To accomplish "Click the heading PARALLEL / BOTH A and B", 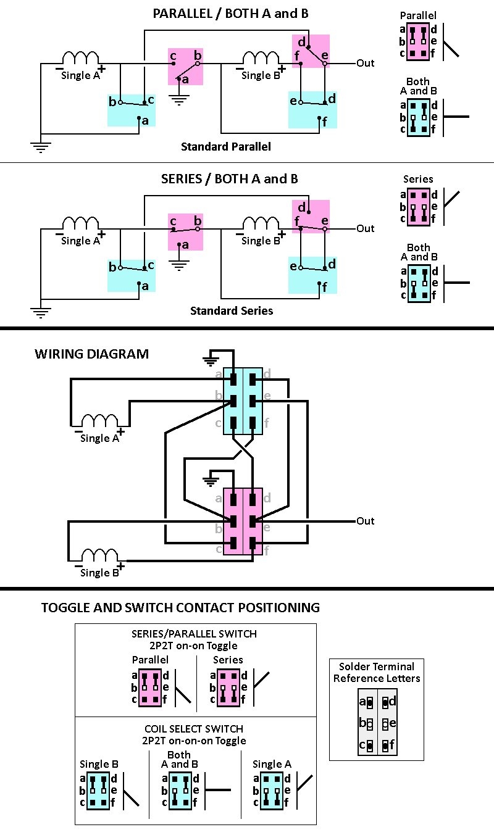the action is (230, 14).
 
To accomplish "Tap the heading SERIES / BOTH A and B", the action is (230, 179).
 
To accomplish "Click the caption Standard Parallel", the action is (226, 146).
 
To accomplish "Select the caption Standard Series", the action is (232, 310).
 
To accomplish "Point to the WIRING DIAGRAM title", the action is (92, 354).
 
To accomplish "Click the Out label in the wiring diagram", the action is (366, 521).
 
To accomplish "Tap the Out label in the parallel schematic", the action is (366, 63).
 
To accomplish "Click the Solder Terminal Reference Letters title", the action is (377, 672).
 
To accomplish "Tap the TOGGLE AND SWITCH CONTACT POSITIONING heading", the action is (180, 608).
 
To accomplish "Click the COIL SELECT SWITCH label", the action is (194, 729).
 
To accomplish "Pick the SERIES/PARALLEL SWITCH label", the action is (194, 634).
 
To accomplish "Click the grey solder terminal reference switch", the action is (377, 722).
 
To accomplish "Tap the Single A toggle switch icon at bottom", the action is (271, 791).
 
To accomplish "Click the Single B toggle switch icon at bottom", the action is (98, 791).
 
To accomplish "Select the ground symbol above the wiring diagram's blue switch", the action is (211, 360).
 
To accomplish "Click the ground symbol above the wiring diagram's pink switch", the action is (211, 481).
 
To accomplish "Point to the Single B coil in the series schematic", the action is (261, 223).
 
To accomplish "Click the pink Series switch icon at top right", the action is (418, 207).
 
